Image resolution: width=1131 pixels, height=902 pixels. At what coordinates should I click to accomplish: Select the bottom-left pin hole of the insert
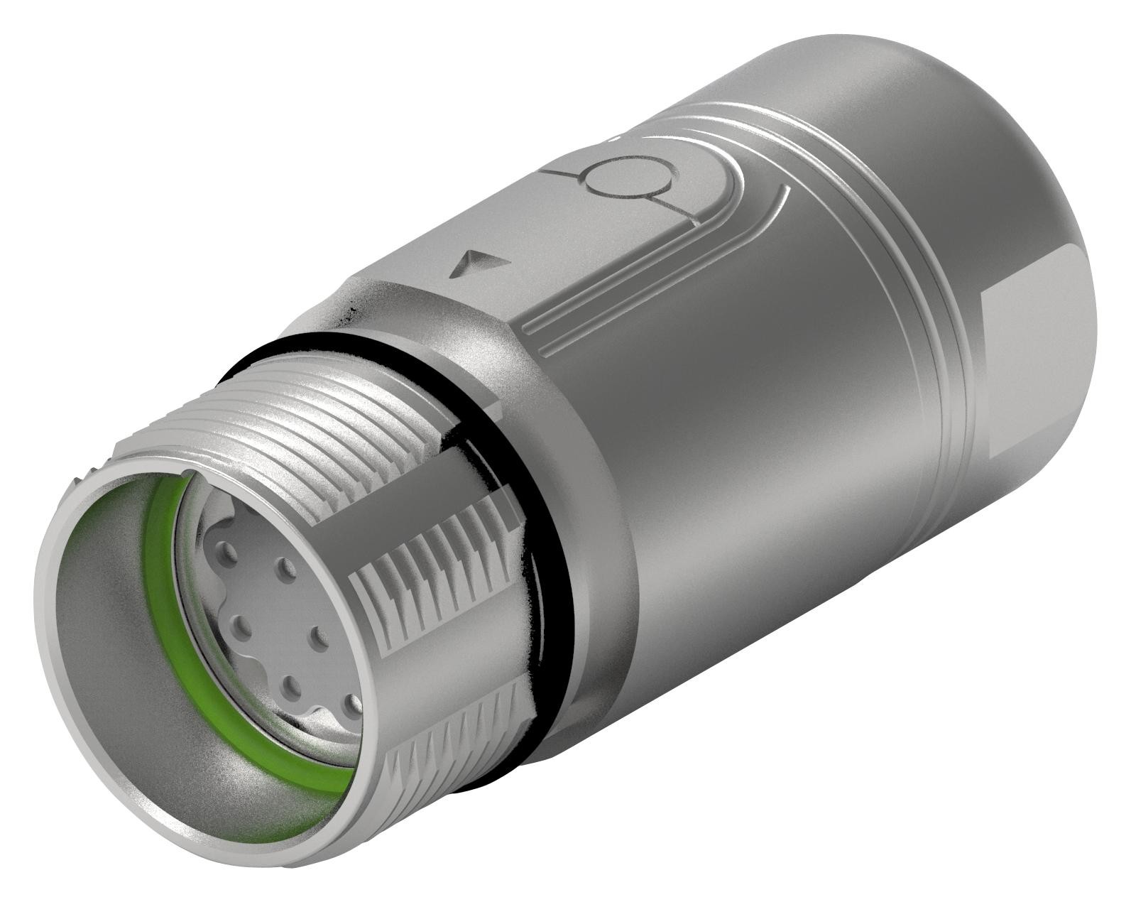(290, 688)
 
